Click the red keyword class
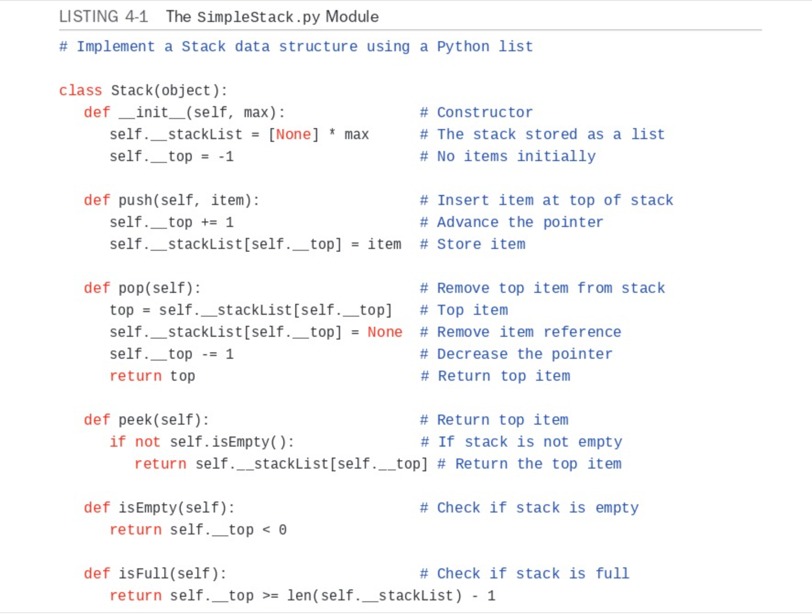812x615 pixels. click(x=81, y=90)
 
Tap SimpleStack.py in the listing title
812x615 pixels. click(x=258, y=17)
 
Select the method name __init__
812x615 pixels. click(x=152, y=112)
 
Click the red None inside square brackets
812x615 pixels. click(x=293, y=134)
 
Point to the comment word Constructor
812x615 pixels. click(x=485, y=112)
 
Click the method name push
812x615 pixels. click(x=135, y=200)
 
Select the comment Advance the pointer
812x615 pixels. click(x=520, y=222)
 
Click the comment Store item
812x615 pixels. click(x=481, y=244)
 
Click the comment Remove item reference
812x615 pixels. click(x=529, y=332)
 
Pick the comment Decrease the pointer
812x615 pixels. click(x=524, y=354)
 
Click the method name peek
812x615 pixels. click(x=135, y=420)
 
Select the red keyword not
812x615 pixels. click(x=147, y=442)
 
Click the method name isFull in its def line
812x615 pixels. click(x=143, y=573)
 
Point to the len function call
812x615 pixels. click(x=299, y=595)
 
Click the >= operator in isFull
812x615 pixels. click(x=270, y=595)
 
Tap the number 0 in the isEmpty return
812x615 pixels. click(x=282, y=529)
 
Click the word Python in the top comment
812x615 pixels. click(x=463, y=46)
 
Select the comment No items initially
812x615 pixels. click(x=516, y=156)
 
